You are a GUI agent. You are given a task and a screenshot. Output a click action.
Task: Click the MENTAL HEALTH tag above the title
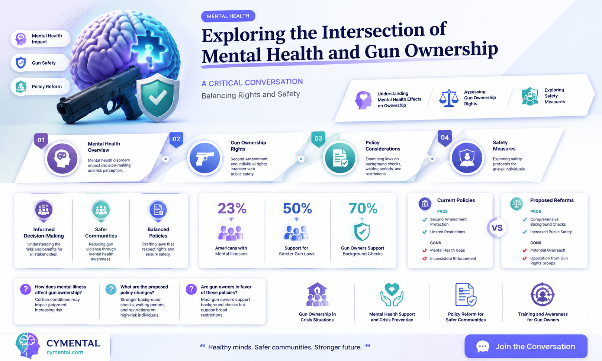[228, 16]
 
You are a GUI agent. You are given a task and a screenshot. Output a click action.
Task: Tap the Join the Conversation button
[526, 346]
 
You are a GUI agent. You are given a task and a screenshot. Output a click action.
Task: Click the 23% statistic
[232, 208]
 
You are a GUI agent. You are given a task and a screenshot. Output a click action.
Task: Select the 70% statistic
[363, 208]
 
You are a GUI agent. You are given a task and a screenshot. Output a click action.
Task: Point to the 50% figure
[297, 208]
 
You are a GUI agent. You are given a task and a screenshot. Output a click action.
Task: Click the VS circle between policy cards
[497, 228]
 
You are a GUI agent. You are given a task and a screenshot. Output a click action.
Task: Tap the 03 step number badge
[318, 139]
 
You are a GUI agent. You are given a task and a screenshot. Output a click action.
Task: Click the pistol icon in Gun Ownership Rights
[205, 158]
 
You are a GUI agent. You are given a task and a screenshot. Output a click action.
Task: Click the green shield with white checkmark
[158, 97]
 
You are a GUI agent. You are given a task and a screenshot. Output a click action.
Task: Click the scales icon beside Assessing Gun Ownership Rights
[448, 98]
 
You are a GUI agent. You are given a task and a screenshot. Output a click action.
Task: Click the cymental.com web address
[65, 352]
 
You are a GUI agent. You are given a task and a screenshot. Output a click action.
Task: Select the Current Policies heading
[456, 200]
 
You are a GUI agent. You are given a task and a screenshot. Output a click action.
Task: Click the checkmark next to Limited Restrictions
[425, 232]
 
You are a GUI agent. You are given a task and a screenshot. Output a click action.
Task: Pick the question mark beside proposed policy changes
[111, 290]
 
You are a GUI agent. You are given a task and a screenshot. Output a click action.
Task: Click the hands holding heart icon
[392, 294]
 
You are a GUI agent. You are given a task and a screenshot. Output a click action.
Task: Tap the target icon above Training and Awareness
[543, 294]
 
